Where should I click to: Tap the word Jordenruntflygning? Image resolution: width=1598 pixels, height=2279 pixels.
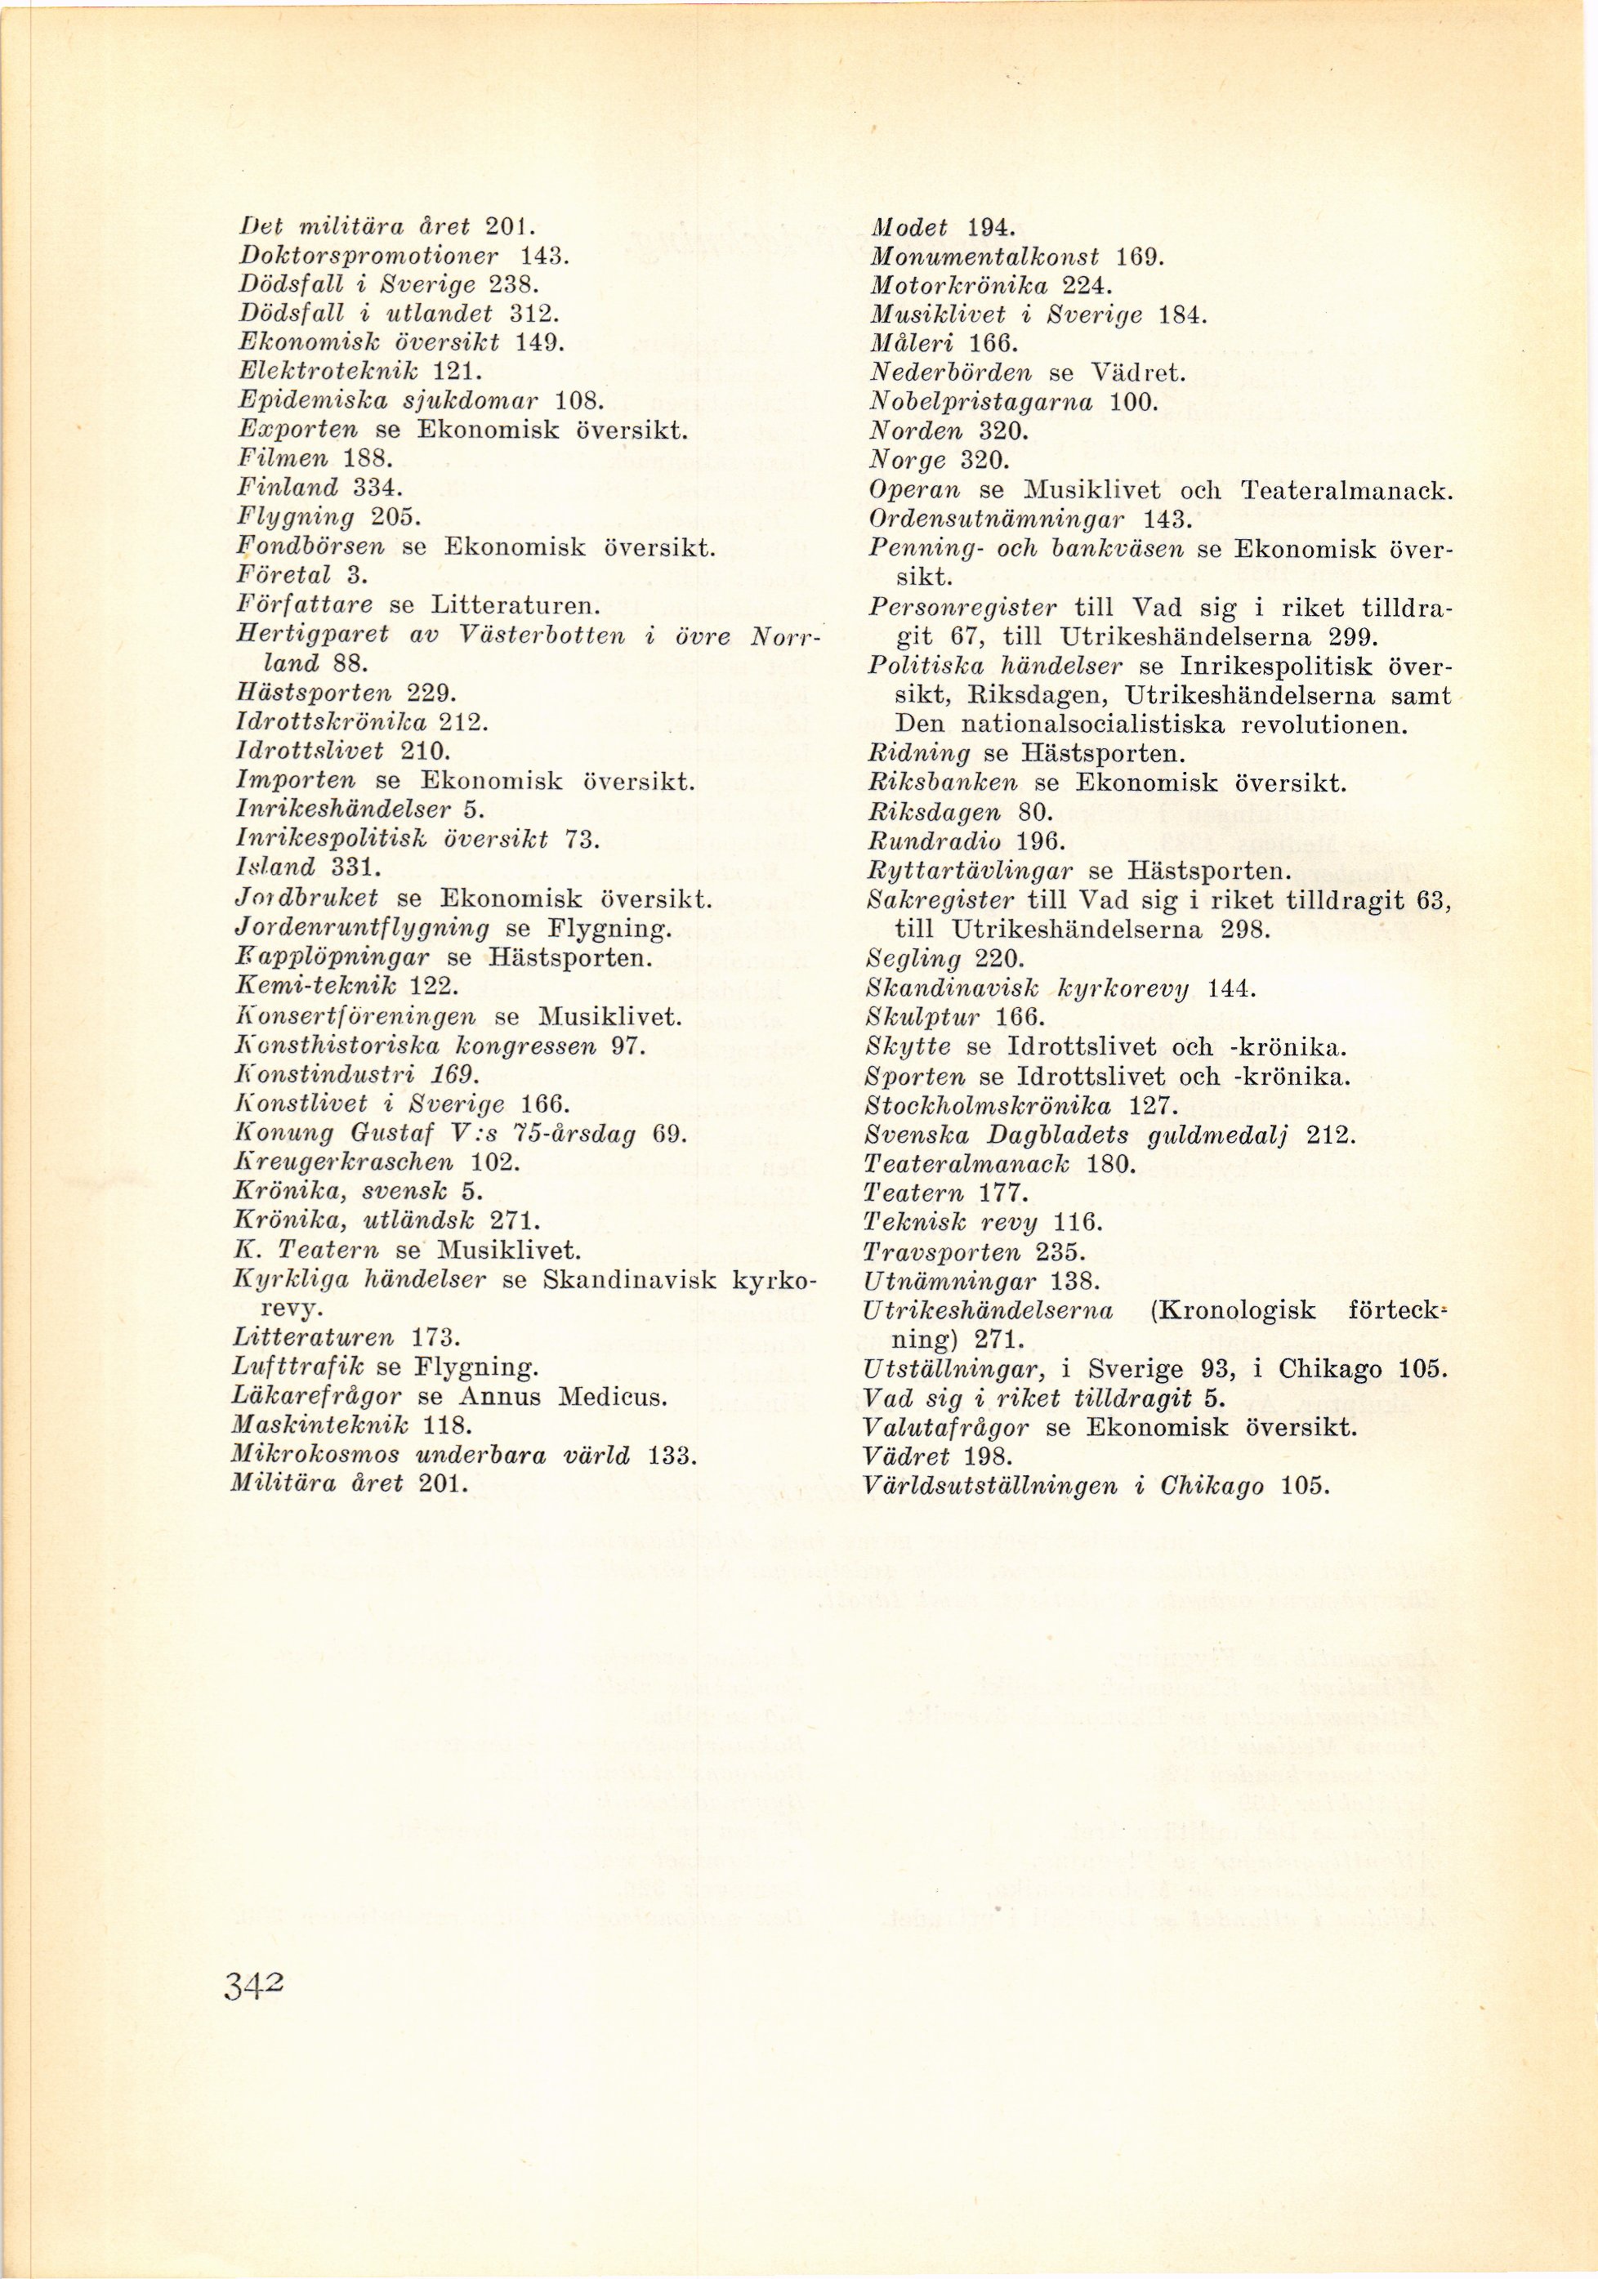[364, 929]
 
